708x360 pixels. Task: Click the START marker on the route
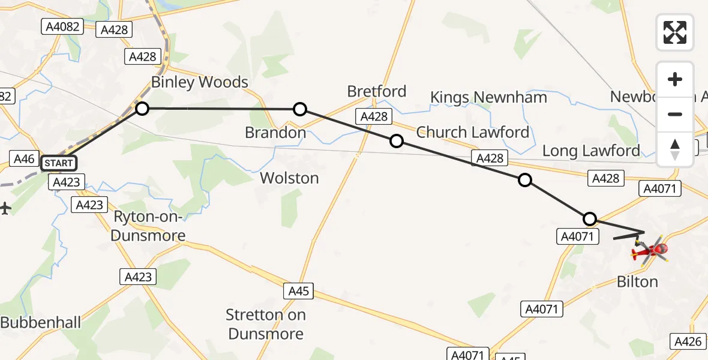59,163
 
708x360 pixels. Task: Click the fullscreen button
675,32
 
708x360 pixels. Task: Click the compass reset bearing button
675,149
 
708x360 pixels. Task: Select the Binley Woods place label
199,82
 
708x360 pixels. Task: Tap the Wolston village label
289,178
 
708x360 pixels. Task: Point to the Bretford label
377,92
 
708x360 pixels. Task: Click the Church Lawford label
473,132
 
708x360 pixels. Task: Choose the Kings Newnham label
488,97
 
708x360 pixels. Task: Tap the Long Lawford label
591,151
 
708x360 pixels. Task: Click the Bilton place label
638,281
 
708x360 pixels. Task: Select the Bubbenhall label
40,322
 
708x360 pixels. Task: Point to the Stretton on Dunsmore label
266,324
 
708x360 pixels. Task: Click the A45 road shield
298,291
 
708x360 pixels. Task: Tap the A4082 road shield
62,26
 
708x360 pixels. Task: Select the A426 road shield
688,341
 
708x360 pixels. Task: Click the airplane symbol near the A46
5,209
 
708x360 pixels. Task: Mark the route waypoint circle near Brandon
300,109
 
